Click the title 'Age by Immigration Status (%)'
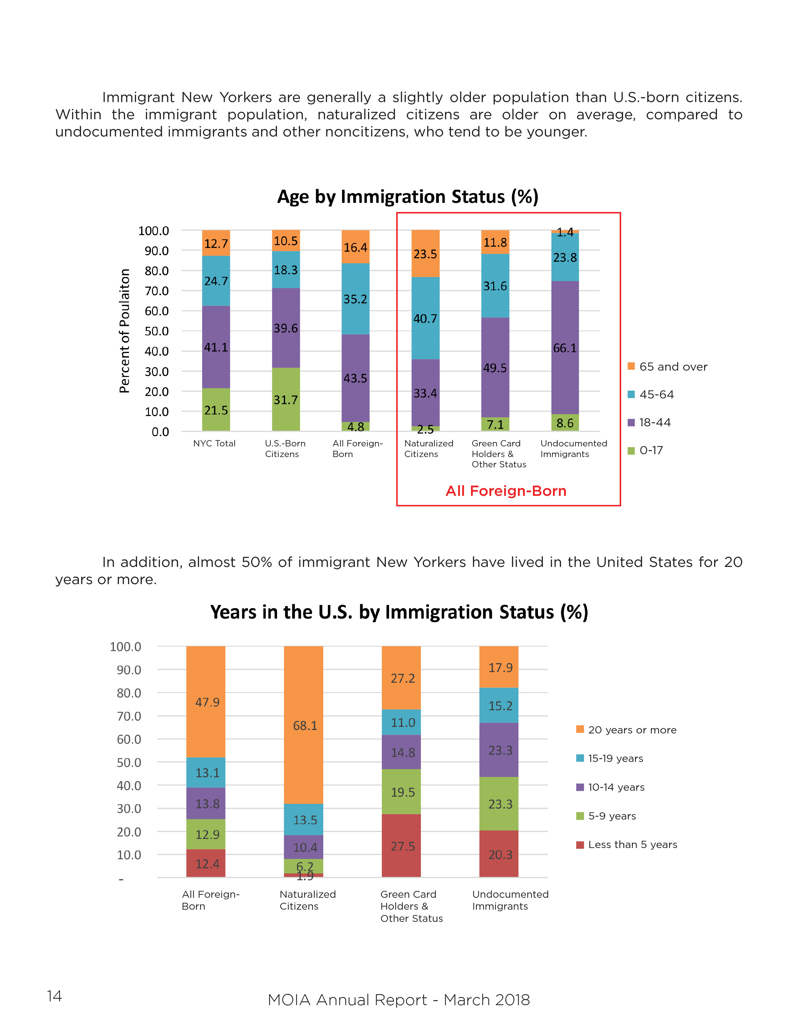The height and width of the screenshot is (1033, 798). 407,197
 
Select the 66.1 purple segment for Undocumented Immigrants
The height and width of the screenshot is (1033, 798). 565,348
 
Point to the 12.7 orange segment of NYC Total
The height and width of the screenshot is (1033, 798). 216,243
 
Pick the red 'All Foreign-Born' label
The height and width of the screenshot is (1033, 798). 506,491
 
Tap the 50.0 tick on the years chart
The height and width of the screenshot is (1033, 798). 129,763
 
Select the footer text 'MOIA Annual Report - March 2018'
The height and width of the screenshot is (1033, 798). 398,1000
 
